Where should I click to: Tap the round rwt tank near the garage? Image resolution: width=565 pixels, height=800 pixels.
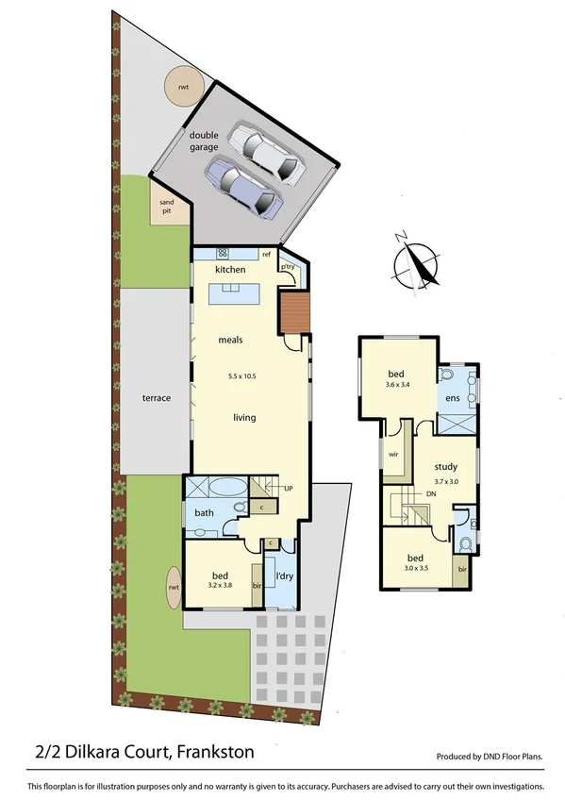(180, 88)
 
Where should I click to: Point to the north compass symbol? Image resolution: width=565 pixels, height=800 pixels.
(416, 260)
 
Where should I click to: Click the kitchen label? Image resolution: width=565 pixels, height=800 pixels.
(230, 270)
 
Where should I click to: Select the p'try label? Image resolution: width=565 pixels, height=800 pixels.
(287, 267)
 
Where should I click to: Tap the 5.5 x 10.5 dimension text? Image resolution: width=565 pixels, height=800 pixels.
(241, 376)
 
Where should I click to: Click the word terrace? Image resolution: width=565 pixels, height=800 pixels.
(157, 398)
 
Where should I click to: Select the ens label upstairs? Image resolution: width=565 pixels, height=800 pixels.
(452, 397)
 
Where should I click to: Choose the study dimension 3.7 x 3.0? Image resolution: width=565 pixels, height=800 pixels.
(446, 480)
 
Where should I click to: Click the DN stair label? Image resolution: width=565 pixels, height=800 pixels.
(430, 493)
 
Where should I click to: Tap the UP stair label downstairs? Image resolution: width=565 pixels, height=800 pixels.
(288, 489)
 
